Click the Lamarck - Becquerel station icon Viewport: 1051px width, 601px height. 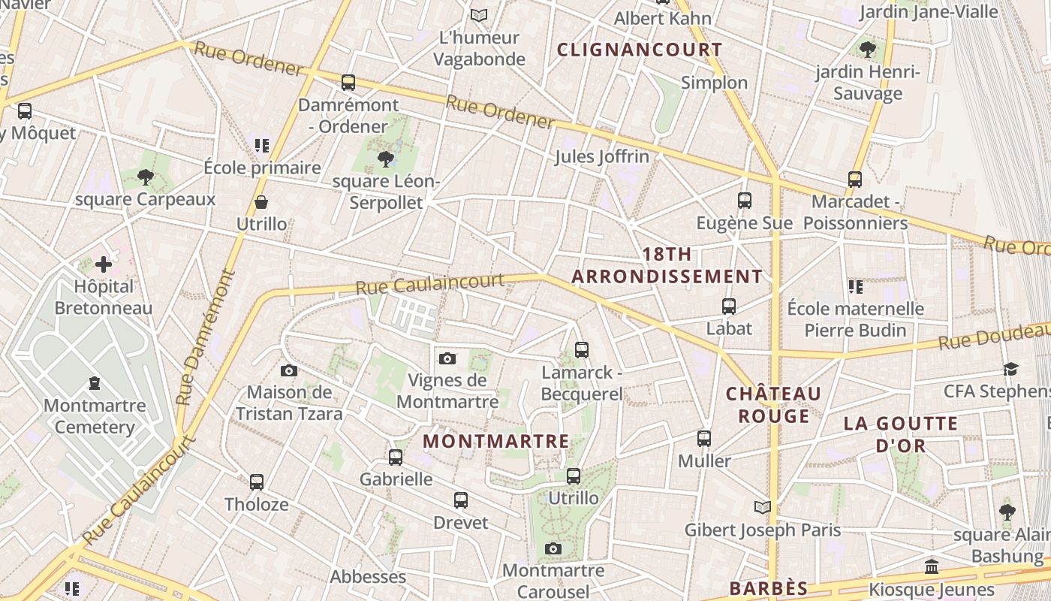pyautogui.click(x=581, y=350)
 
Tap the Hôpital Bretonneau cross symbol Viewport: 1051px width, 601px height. pyautogui.click(x=104, y=264)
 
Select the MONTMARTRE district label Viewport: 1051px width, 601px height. pyautogui.click(x=496, y=441)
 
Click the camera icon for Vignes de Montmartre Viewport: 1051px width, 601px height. pyautogui.click(x=447, y=358)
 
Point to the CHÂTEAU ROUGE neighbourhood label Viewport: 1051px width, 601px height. pyautogui.click(x=773, y=405)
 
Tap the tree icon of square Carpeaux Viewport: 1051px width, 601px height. pyautogui.click(x=146, y=178)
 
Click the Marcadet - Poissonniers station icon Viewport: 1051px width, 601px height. pyautogui.click(x=854, y=180)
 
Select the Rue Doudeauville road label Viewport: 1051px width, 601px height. pyautogui.click(x=995, y=338)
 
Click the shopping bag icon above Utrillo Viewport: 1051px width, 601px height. pyautogui.click(x=261, y=202)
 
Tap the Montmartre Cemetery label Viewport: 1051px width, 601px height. pyautogui.click(x=95, y=417)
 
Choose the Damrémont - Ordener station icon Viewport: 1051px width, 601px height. pyautogui.click(x=348, y=83)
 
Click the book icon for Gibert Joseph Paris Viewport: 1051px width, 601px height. pyautogui.click(x=763, y=508)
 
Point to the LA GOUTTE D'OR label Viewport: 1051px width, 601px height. pyautogui.click(x=901, y=434)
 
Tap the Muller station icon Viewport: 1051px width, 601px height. pyautogui.click(x=703, y=439)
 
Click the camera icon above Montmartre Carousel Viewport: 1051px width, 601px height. pyautogui.click(x=553, y=549)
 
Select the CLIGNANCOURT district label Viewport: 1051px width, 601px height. pyautogui.click(x=640, y=50)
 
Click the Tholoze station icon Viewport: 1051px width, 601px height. pyautogui.click(x=257, y=482)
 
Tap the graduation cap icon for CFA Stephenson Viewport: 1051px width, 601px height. pyautogui.click(x=1010, y=370)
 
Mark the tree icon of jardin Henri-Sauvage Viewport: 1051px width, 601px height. pyautogui.click(x=868, y=50)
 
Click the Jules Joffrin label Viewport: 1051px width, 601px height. pyautogui.click(x=601, y=157)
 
